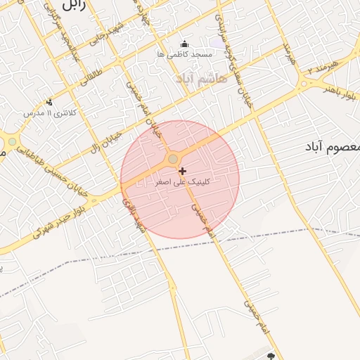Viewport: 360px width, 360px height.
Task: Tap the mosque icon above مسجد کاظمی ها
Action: [184, 44]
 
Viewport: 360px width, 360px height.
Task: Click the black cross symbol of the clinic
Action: [183, 171]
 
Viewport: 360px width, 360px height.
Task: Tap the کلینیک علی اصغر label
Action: [182, 181]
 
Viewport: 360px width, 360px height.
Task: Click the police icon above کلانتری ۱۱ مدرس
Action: [49, 103]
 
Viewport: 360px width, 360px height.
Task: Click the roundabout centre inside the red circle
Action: [173, 160]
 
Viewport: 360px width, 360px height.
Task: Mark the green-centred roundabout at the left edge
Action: [12, 142]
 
